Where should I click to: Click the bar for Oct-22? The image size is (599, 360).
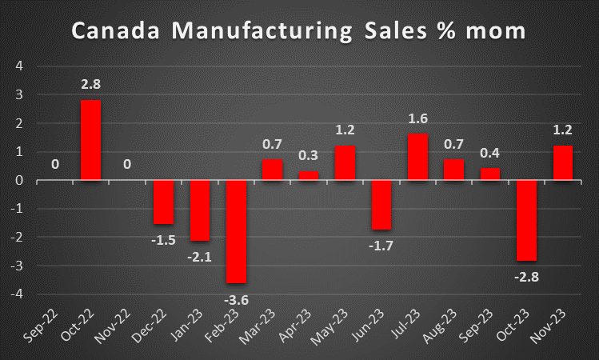coord(91,140)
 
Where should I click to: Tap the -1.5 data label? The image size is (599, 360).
coord(164,238)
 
